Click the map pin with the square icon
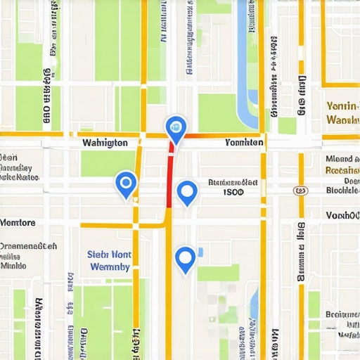click(x=175, y=129)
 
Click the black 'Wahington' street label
click(x=105, y=143)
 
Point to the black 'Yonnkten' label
click(x=244, y=143)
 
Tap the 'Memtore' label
click(x=18, y=223)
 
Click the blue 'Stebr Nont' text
click(x=109, y=255)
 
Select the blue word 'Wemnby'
click(x=109, y=267)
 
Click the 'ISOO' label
click(x=233, y=191)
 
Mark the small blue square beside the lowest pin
click(x=200, y=252)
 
